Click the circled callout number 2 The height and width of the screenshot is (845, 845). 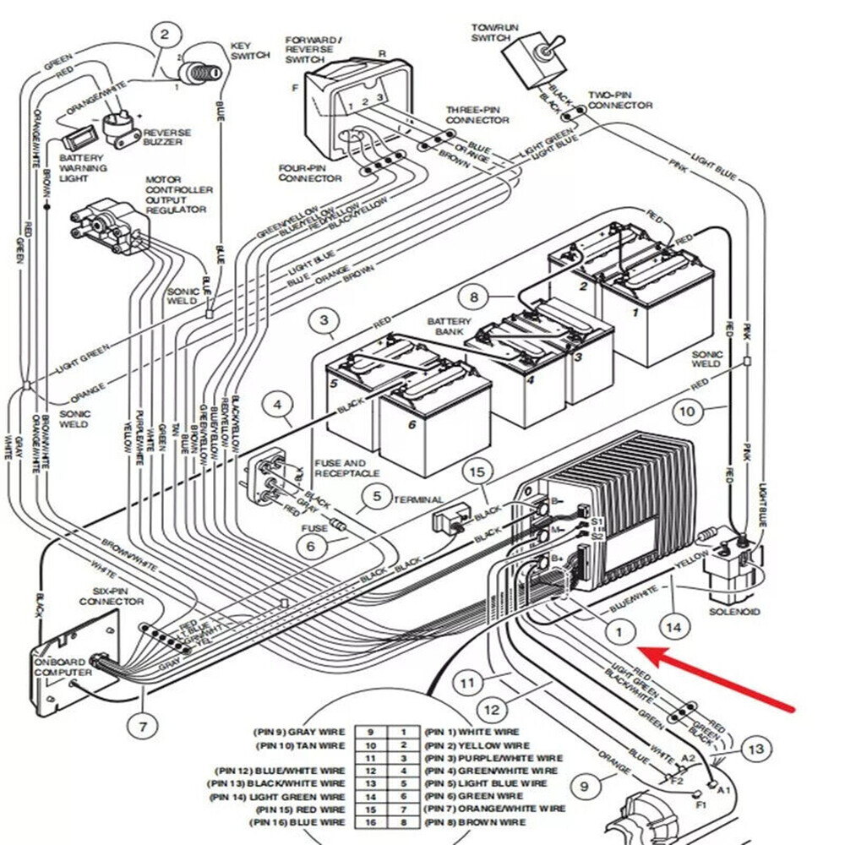tap(166, 35)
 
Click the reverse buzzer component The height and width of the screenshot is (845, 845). tap(121, 127)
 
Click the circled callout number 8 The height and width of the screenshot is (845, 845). tap(474, 297)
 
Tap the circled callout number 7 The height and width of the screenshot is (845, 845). tap(142, 725)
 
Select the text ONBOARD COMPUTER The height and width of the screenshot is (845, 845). tap(63, 666)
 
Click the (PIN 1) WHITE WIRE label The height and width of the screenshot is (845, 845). tap(472, 732)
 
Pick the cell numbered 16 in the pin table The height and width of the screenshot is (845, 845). tap(370, 822)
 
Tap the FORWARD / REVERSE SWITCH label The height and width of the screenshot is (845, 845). tap(313, 50)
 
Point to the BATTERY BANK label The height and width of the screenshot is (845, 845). tap(449, 327)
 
